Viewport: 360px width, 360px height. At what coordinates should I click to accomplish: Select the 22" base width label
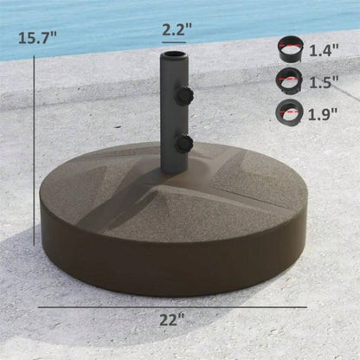click(x=172, y=318)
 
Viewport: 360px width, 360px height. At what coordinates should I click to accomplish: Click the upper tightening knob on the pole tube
click(x=183, y=97)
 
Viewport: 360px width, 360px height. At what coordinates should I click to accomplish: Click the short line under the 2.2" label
click(x=172, y=41)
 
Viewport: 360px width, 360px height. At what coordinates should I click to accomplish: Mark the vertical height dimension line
click(x=33, y=173)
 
